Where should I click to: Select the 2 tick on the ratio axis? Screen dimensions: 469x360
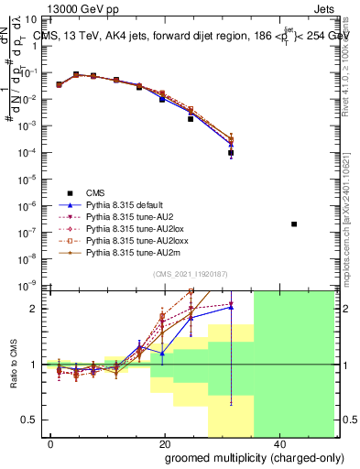point(36,309)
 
